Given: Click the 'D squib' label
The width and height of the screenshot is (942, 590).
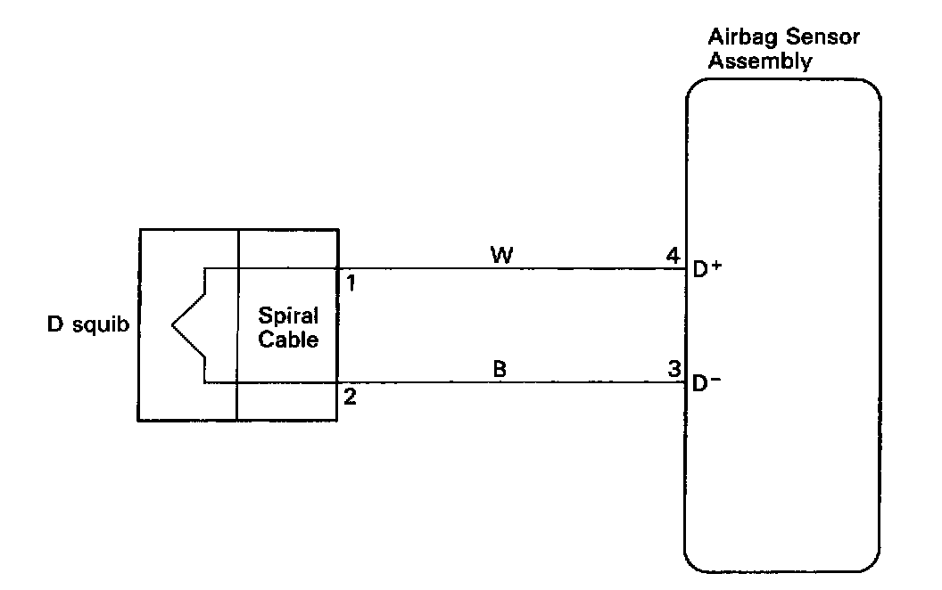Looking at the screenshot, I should pos(87,325).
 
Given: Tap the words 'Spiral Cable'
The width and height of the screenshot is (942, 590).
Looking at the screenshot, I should pos(288,328).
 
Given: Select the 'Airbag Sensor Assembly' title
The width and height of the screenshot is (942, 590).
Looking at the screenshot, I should pos(783,50).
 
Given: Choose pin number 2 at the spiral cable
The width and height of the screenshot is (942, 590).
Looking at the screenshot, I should pos(350,397).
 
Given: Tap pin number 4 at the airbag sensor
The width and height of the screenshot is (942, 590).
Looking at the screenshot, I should pos(673,256).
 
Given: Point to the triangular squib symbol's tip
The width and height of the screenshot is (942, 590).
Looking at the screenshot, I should pos(172,325).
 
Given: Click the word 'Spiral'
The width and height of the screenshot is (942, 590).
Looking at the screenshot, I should pos(288,317).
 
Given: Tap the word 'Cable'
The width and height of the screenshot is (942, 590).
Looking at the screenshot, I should pos(288,340).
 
